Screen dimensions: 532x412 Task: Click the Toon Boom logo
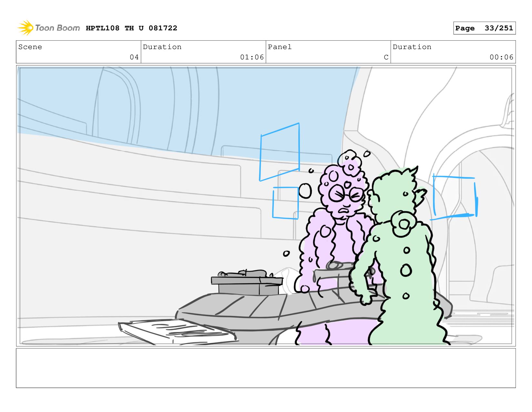tap(48, 28)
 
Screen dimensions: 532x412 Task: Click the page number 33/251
tap(499, 28)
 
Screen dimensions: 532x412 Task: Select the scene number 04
tap(134, 57)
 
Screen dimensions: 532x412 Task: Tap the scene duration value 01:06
tap(252, 57)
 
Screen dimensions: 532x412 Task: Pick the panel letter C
tap(386, 57)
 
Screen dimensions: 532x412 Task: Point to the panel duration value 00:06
tap(501, 57)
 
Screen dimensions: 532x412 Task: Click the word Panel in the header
tap(280, 47)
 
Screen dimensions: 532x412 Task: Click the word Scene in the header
tap(30, 47)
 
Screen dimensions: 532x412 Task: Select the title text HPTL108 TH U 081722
tap(131, 28)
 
